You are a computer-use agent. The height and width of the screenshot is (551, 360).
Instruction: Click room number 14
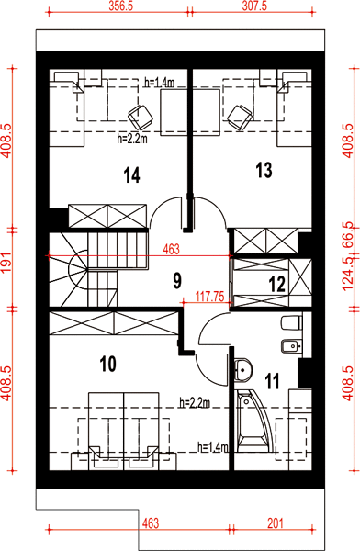[x=132, y=175]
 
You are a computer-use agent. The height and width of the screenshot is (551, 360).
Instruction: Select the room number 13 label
[x=264, y=170]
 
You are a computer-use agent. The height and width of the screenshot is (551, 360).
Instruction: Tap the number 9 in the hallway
[x=177, y=280]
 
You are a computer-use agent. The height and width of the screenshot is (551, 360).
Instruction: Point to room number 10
[x=108, y=364]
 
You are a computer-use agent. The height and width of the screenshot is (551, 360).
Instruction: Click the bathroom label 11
[x=273, y=381]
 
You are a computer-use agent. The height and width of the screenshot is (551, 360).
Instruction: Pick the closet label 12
[x=277, y=285]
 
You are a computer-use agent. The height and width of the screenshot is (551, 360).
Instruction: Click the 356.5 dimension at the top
[x=120, y=6]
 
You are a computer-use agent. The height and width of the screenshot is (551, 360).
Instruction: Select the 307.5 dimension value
[x=254, y=6]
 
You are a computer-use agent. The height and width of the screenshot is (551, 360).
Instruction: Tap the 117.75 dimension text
[x=210, y=297]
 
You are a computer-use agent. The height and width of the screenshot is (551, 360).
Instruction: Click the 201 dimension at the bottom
[x=276, y=523]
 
